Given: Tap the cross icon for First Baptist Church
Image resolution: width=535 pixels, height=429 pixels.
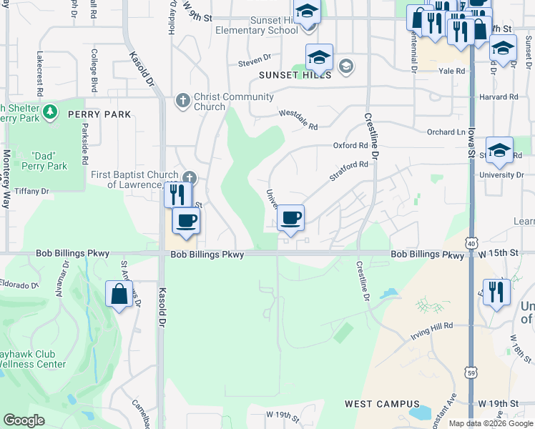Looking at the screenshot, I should click(189, 177).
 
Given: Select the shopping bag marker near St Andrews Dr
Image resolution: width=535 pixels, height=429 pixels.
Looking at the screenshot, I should click(119, 293).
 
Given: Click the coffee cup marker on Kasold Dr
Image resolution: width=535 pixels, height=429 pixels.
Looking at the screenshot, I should click(186, 221).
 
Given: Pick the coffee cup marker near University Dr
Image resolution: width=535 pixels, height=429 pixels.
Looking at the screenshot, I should click(290, 217).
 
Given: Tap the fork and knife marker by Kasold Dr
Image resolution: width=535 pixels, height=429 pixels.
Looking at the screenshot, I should click(177, 194).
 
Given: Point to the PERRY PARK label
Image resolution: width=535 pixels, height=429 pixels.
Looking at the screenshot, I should click(99, 114).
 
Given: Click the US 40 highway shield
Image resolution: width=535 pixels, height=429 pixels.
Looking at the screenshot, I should click(471, 243).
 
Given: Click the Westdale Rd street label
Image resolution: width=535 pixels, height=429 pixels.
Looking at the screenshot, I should click(298, 119).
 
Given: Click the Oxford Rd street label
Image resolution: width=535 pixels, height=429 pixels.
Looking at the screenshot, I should click(350, 145).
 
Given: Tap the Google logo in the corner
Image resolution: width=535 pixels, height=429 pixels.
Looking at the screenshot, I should click(24, 420).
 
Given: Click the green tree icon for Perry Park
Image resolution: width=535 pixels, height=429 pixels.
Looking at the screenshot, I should click(50, 112).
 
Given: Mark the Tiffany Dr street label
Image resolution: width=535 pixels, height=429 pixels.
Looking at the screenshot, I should click(31, 191).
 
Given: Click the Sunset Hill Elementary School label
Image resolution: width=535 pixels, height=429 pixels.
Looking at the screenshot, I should click(263, 26).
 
